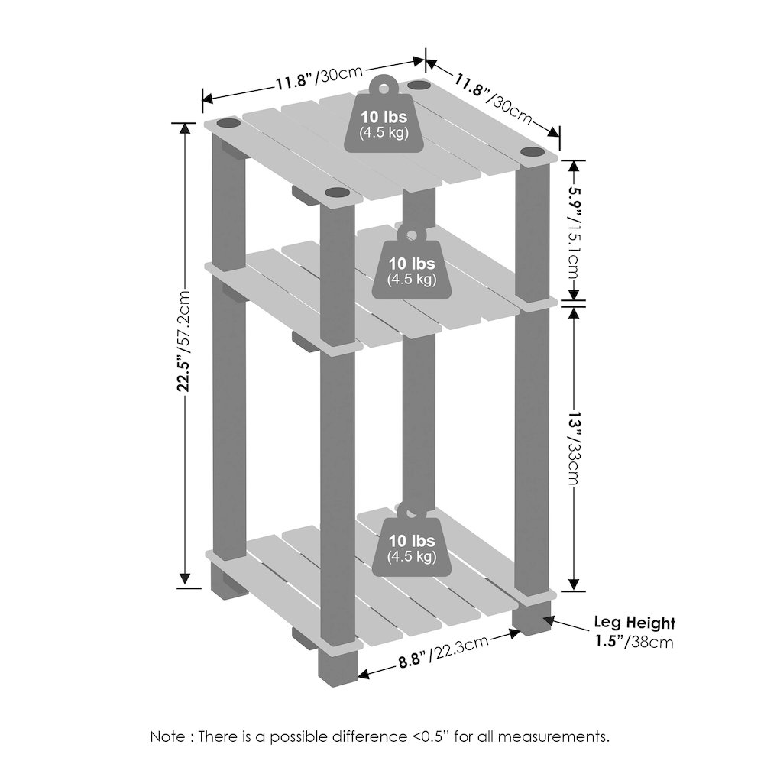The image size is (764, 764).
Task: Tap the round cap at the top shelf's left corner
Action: (228, 122)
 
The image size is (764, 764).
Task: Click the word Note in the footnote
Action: (167, 737)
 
